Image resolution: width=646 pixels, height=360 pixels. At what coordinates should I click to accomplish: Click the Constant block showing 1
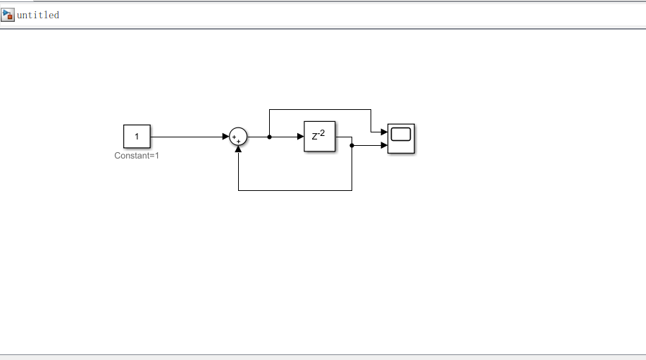[x=137, y=137]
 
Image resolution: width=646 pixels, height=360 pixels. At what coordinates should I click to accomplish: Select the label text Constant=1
[x=137, y=156]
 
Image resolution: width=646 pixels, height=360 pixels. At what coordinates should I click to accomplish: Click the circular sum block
[x=239, y=137]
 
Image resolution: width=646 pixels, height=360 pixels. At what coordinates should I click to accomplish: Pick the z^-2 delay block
[x=319, y=137]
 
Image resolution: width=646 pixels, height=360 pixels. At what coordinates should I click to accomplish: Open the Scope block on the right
[x=401, y=138]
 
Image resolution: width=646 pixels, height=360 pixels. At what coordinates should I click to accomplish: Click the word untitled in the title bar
[x=38, y=15]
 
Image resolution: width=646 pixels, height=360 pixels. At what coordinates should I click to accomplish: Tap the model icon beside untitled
[x=8, y=15]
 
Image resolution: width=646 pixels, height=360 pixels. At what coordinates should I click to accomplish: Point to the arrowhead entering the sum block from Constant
[x=225, y=137]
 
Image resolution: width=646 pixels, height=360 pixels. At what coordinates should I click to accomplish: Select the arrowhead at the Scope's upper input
[x=384, y=132]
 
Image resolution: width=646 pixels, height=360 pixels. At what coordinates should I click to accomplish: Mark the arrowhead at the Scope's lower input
[x=384, y=145]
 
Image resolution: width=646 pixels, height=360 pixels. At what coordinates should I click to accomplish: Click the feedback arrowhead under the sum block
[x=239, y=149]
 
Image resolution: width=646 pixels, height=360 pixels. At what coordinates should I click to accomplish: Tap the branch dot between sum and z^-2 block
[x=270, y=137]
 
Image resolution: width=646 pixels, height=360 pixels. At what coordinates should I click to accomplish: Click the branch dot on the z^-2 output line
[x=352, y=145]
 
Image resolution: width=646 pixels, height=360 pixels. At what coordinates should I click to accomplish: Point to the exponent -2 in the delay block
[x=322, y=132]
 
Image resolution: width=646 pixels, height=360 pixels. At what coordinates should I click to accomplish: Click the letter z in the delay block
[x=315, y=138]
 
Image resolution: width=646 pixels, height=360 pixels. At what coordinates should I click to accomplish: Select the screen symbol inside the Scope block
[x=401, y=135]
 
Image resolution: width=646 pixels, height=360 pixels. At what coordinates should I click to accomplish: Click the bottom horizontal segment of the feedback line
[x=296, y=190]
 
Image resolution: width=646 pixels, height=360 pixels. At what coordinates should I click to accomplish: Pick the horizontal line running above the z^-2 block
[x=321, y=109]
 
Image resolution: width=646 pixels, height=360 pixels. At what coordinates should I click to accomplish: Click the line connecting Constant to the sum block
[x=187, y=137]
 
